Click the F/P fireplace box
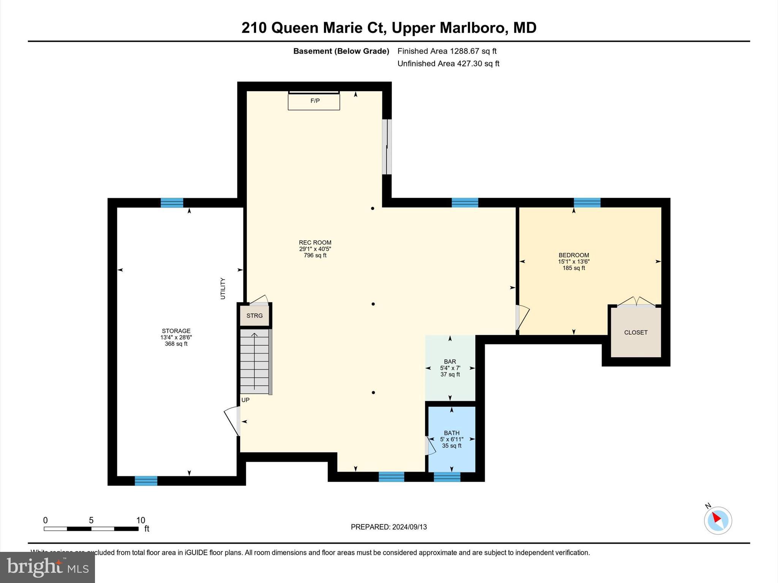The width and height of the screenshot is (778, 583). (x=314, y=101)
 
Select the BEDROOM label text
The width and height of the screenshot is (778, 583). (x=574, y=255)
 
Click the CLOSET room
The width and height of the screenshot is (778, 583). (x=636, y=332)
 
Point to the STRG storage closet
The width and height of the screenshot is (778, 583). (x=255, y=316)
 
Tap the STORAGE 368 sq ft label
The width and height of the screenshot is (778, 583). (x=176, y=337)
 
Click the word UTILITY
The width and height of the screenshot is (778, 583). (x=223, y=288)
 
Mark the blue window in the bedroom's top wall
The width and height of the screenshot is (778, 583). (x=587, y=203)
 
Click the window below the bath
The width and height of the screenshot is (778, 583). (x=447, y=477)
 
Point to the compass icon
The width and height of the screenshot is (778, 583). (x=718, y=520)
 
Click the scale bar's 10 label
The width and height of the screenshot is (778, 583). (x=141, y=520)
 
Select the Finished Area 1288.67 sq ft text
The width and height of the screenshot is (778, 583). (x=447, y=51)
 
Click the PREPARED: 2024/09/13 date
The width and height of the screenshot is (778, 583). (x=389, y=527)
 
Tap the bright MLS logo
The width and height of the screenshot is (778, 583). (x=47, y=567)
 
